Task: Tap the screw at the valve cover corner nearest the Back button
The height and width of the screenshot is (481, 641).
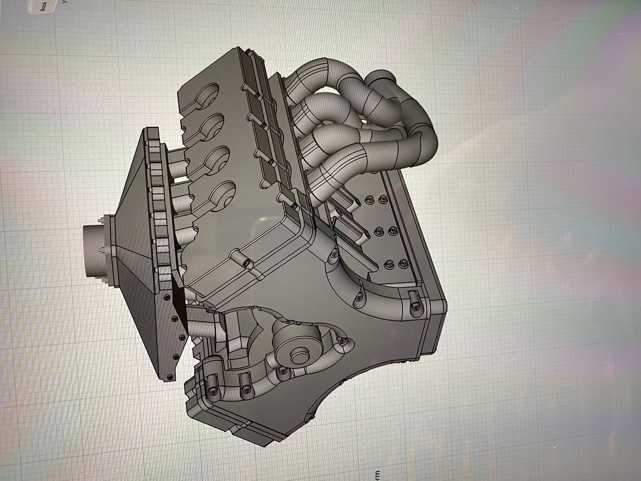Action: pos(248,51)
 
